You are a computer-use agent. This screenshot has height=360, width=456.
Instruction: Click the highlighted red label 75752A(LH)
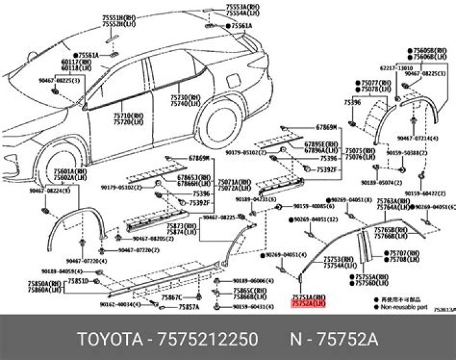click(x=308, y=304)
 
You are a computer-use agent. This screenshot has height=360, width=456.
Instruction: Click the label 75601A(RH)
click(x=65, y=170)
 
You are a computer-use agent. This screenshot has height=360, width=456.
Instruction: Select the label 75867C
click(x=171, y=297)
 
